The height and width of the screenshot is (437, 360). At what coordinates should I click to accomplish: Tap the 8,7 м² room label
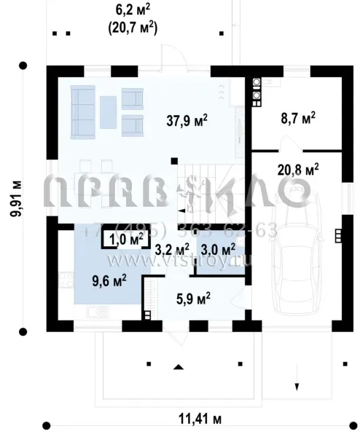pos(297,117)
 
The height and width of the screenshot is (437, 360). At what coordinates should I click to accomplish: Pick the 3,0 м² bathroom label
pos(218,250)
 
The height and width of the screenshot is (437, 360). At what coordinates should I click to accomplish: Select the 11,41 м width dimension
pos(200,420)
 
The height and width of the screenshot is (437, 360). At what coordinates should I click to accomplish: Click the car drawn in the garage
pos(298,255)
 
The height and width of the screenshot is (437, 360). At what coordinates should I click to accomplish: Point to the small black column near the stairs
pos(173,160)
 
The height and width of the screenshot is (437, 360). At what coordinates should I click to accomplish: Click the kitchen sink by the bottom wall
pos(95,312)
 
